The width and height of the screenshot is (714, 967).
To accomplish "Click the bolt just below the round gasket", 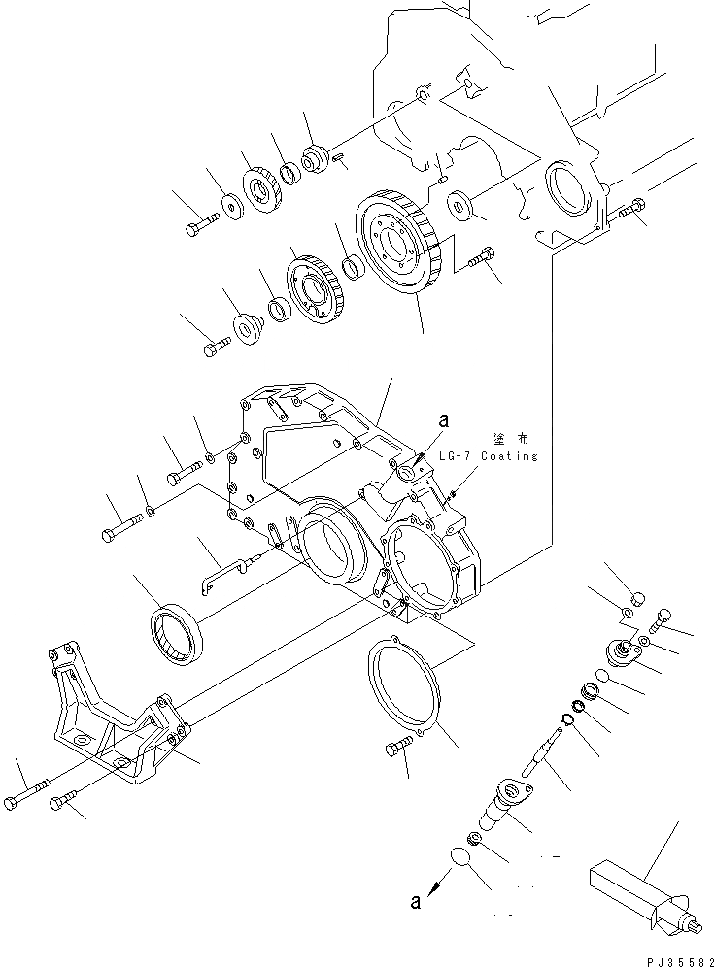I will pos(398,750).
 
